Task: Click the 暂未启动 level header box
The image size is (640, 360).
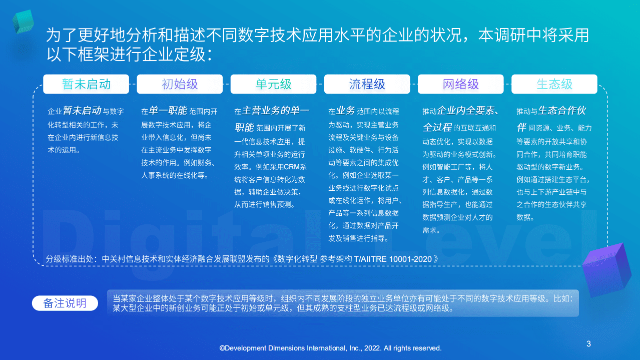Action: click(86, 84)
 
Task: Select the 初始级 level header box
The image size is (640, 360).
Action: click(180, 84)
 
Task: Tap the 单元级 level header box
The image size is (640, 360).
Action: click(273, 84)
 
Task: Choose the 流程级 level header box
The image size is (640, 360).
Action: click(367, 84)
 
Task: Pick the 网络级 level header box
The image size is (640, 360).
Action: click(460, 84)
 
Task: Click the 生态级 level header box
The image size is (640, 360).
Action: click(554, 84)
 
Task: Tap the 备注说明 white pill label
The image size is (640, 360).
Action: click(65, 303)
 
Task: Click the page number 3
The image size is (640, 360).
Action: click(588, 343)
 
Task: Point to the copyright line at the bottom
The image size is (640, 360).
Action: click(330, 348)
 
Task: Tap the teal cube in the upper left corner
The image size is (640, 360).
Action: click(23, 22)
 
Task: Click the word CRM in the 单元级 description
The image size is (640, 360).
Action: click(291, 167)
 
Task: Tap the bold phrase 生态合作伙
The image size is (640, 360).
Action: click(562, 111)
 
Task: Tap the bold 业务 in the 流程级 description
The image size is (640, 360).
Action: click(346, 111)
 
